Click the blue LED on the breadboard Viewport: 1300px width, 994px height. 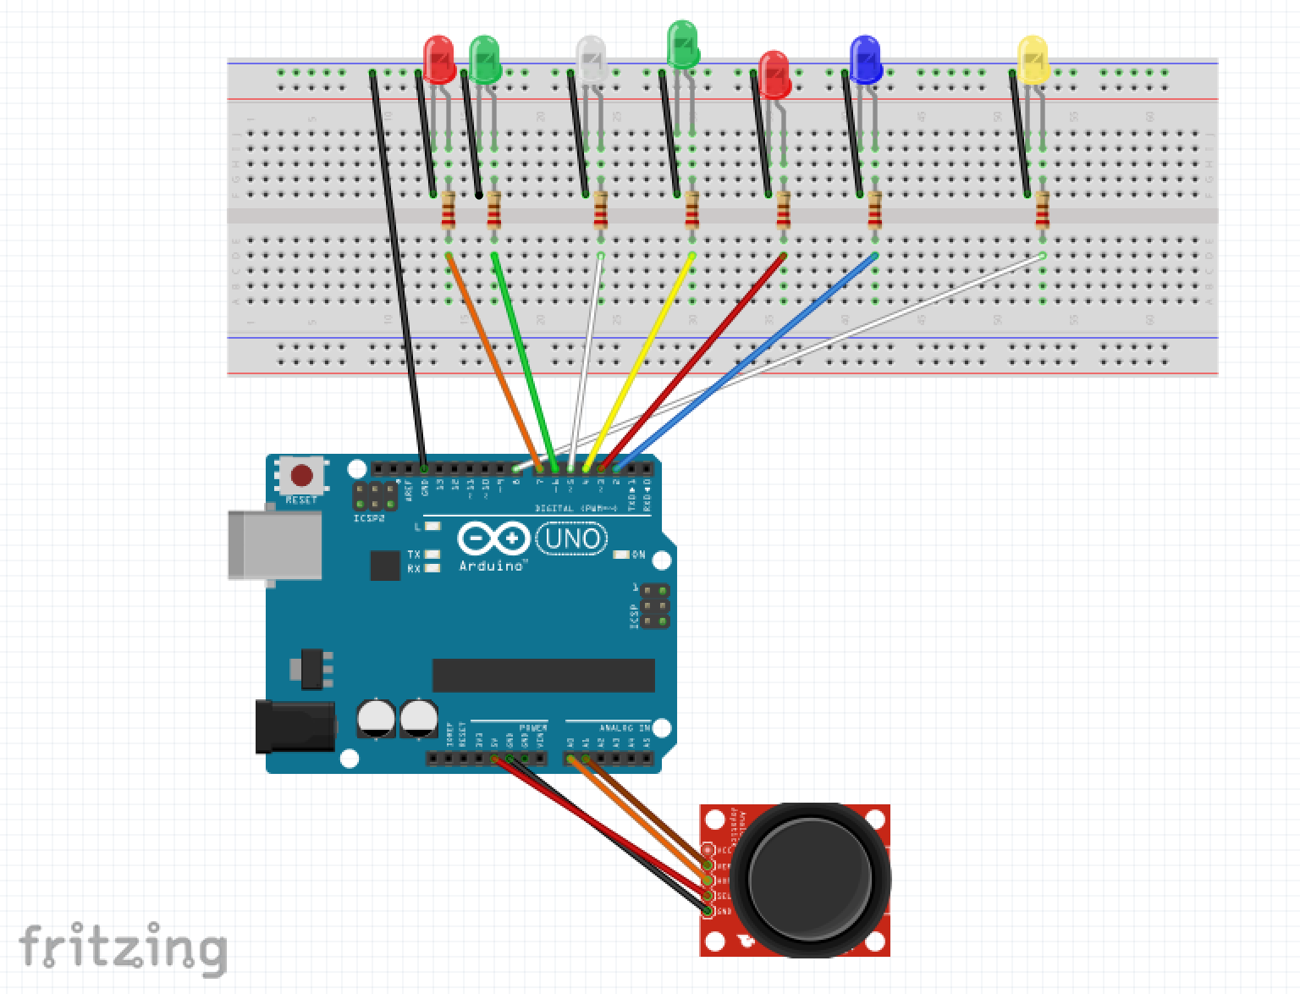(865, 59)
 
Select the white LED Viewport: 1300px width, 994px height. (590, 59)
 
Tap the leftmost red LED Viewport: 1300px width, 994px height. (438, 59)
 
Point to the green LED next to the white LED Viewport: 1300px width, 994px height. (682, 46)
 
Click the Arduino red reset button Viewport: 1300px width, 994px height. (302, 475)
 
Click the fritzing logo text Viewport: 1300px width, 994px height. (123, 947)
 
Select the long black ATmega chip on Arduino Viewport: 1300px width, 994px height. (543, 676)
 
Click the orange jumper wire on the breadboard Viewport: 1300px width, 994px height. (491, 356)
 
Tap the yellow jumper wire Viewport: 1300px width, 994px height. (643, 356)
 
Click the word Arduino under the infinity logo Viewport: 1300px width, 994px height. (491, 565)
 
